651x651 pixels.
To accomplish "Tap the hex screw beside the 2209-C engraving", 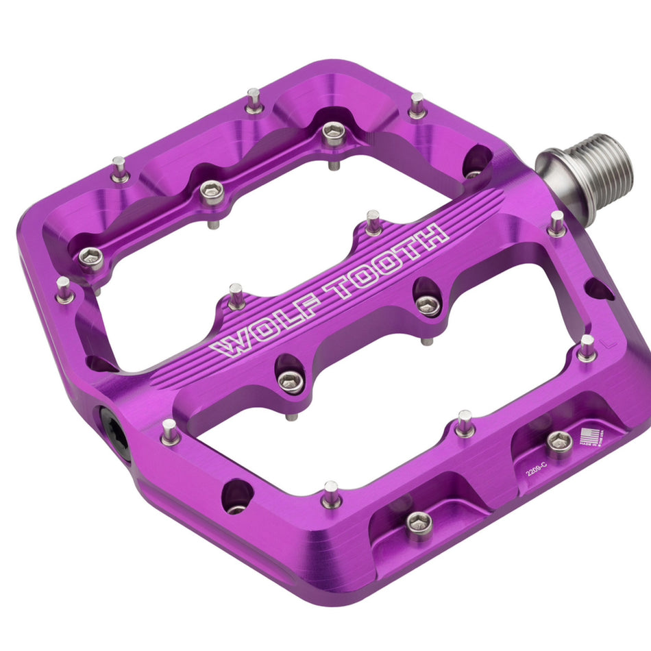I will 559,442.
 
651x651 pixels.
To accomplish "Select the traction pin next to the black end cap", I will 169,432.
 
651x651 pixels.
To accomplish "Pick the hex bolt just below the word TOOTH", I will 428,304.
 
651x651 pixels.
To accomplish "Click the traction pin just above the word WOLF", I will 236,296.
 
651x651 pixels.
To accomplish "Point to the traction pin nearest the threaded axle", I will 556,223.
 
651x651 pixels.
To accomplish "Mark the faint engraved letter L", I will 602,339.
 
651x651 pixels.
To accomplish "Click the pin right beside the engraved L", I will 587,348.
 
